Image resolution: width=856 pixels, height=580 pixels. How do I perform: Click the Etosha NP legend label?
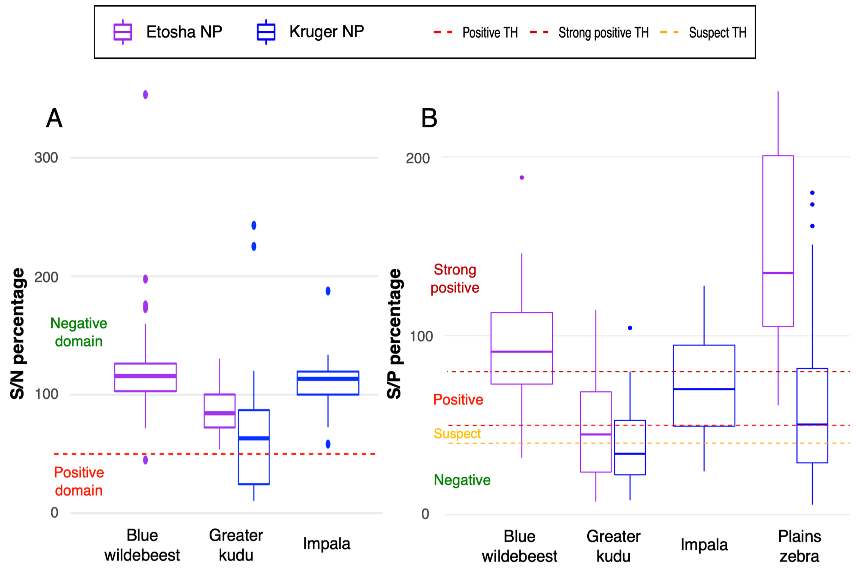(x=184, y=32)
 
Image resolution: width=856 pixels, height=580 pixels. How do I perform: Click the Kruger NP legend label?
(x=326, y=32)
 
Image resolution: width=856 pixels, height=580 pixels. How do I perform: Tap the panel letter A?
(x=54, y=118)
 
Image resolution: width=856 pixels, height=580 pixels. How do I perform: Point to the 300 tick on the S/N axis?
(x=46, y=158)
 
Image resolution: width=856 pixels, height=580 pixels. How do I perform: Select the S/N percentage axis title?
(x=17, y=334)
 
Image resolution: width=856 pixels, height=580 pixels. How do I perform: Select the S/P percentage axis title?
(x=394, y=334)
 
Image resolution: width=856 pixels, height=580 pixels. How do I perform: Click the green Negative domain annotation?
(x=79, y=332)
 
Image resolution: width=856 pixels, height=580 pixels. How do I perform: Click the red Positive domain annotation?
(x=79, y=481)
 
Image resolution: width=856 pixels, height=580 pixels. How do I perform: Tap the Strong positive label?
(x=455, y=279)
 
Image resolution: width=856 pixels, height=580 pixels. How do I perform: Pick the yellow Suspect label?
(x=457, y=434)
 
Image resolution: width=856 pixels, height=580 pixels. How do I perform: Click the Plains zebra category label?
(x=799, y=546)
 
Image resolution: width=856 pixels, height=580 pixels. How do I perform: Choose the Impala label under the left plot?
(x=326, y=544)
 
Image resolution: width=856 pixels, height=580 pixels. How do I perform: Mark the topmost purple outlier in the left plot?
(x=145, y=94)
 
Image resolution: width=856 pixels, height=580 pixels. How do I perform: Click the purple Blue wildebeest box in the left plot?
(x=145, y=377)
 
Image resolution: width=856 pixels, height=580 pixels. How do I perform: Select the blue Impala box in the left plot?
(x=328, y=383)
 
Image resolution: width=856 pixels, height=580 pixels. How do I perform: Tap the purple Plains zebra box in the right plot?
(x=778, y=241)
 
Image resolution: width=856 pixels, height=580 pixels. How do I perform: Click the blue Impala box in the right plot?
(x=704, y=385)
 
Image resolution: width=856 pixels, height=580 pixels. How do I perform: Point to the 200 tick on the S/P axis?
(x=418, y=158)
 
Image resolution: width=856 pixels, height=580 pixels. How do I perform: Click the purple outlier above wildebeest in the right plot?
(x=522, y=177)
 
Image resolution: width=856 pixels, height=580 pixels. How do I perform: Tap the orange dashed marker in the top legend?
(x=669, y=32)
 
